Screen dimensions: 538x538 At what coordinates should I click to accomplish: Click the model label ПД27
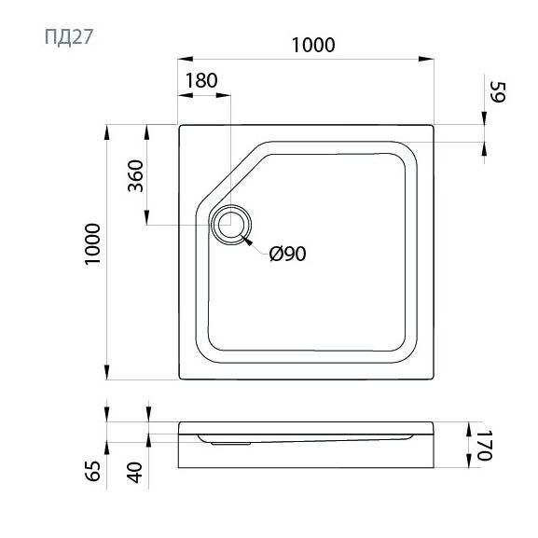(69, 37)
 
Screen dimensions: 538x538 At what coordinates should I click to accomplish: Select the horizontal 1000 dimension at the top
(313, 45)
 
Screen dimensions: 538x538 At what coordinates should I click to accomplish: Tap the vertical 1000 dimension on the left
(92, 243)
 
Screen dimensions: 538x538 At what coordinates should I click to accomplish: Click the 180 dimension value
(201, 80)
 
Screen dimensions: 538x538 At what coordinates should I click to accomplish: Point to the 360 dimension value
(135, 176)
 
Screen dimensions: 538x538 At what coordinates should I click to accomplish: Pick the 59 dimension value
(497, 92)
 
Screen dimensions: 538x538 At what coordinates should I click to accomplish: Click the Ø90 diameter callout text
(287, 254)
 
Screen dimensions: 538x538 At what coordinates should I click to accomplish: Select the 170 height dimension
(485, 445)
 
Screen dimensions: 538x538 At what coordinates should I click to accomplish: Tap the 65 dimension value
(92, 471)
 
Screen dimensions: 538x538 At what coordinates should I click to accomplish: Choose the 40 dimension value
(134, 473)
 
